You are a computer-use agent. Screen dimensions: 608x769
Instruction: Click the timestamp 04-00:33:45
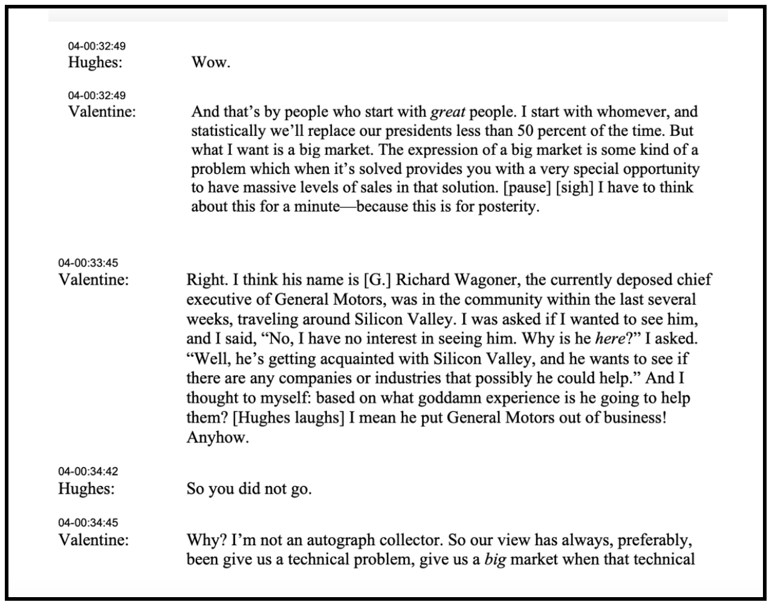click(88, 263)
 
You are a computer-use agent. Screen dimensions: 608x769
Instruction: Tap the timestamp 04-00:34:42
click(88, 471)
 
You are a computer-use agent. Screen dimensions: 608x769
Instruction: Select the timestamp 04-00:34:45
click(88, 523)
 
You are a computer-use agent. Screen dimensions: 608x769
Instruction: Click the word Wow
click(210, 62)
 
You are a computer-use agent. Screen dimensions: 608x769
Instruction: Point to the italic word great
click(447, 112)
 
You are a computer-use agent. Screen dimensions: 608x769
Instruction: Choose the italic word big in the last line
click(495, 559)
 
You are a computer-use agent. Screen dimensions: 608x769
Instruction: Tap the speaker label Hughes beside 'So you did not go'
click(86, 488)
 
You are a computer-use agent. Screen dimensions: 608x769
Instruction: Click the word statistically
click(229, 131)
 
